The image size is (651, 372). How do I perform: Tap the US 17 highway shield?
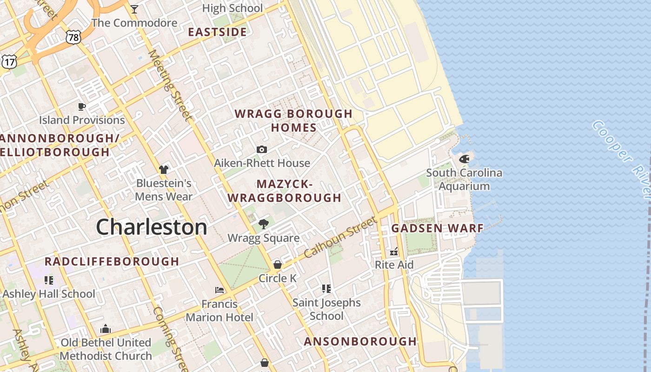(9, 61)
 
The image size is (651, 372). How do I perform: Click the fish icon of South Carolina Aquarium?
(464, 159)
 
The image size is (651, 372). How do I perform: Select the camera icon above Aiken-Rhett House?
(262, 149)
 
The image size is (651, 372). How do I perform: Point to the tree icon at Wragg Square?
(263, 224)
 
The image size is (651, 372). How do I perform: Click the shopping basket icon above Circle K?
(278, 264)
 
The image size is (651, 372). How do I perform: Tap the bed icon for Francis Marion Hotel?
(219, 290)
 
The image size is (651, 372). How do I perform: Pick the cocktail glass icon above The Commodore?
(134, 9)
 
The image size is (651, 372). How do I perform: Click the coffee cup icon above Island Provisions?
(82, 106)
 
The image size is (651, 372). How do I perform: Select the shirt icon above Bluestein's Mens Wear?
(163, 169)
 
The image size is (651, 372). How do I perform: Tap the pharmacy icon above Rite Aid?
(394, 252)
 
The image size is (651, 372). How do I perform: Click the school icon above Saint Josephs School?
(326, 289)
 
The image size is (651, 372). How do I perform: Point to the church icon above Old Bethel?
(106, 329)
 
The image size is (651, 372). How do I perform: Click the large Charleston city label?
(152, 227)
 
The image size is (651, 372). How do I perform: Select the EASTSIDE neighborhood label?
(217, 32)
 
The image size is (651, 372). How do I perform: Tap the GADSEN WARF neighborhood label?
(437, 228)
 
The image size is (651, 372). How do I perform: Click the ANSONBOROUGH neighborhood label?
(360, 341)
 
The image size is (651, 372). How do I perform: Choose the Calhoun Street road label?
(340, 238)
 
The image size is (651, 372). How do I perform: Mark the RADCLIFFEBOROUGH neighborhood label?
(112, 261)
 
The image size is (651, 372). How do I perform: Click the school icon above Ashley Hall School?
(49, 280)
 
